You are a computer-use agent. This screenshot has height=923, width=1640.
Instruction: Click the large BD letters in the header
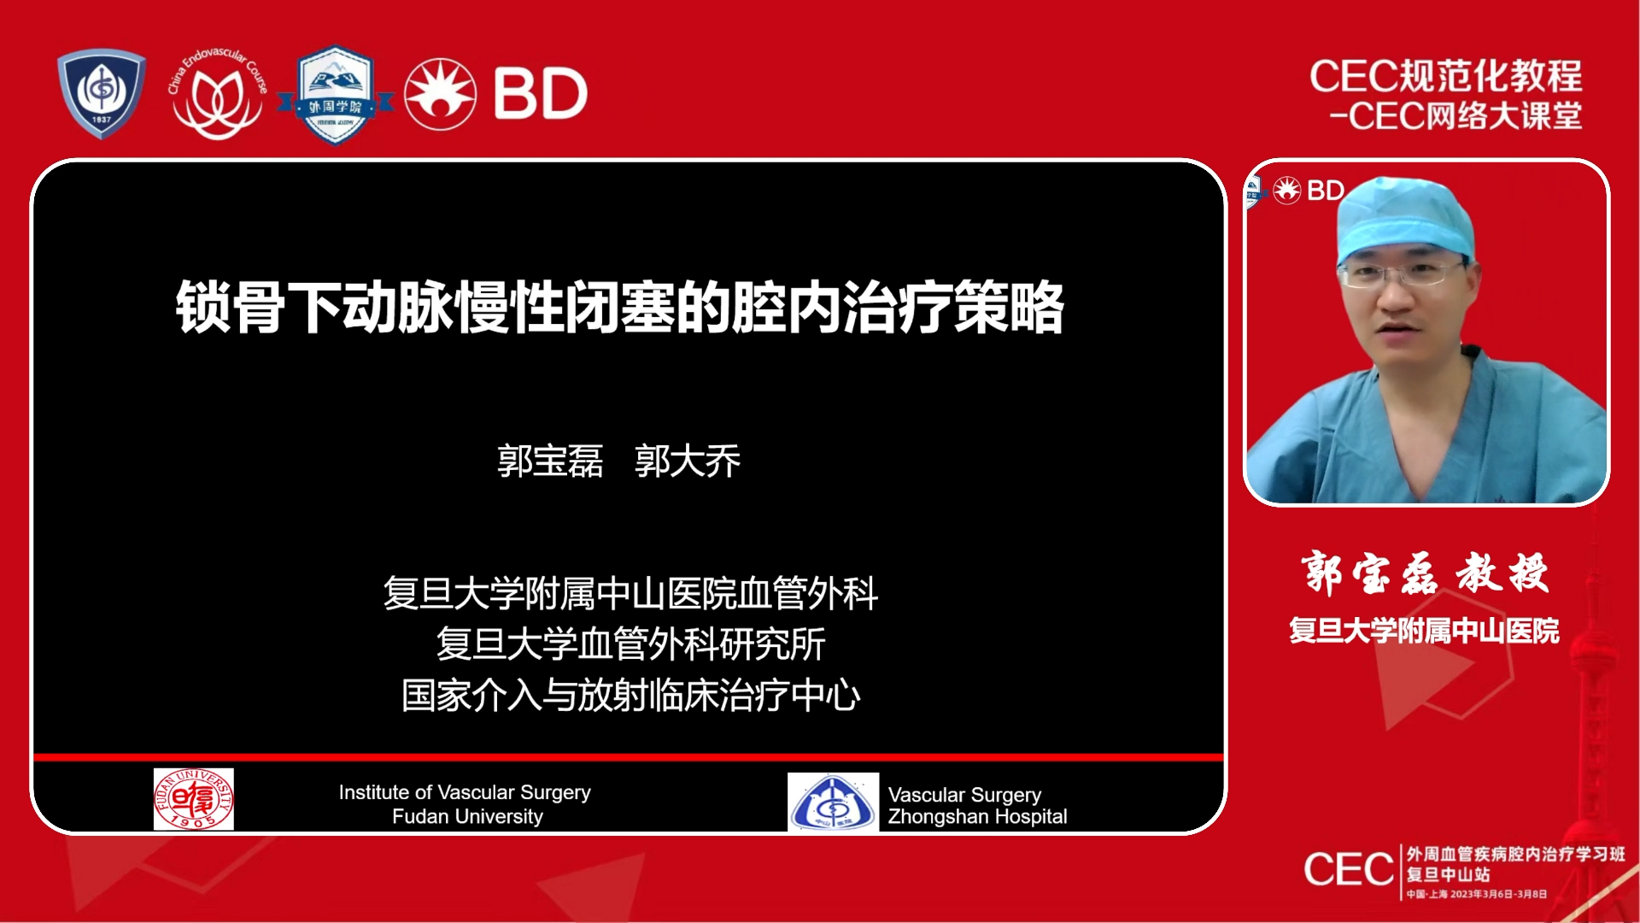click(541, 94)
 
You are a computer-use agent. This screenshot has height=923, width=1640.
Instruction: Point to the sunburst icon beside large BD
click(440, 94)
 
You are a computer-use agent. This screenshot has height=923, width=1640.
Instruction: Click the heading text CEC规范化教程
click(1445, 76)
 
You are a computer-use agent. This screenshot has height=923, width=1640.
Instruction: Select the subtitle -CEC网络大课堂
click(1455, 116)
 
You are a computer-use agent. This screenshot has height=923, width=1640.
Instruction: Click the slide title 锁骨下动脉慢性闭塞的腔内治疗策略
click(620, 308)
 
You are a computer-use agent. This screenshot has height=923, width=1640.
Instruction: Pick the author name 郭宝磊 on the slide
click(550, 461)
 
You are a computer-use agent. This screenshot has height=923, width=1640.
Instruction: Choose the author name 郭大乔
click(688, 461)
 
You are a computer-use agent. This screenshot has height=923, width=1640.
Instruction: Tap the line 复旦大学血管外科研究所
click(630, 644)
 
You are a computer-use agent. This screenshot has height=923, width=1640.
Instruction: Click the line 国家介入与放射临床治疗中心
click(630, 696)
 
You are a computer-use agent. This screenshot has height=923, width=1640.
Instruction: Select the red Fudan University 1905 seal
click(194, 799)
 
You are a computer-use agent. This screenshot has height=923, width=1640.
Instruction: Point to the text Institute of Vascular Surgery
click(465, 792)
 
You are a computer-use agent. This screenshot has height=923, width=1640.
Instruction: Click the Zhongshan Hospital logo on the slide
click(833, 802)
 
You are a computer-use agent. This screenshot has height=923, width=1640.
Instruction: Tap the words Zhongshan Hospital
click(977, 817)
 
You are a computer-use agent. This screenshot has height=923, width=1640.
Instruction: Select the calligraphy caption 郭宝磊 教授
click(1425, 573)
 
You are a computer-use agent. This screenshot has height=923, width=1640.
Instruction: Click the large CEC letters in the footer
click(1349, 870)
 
